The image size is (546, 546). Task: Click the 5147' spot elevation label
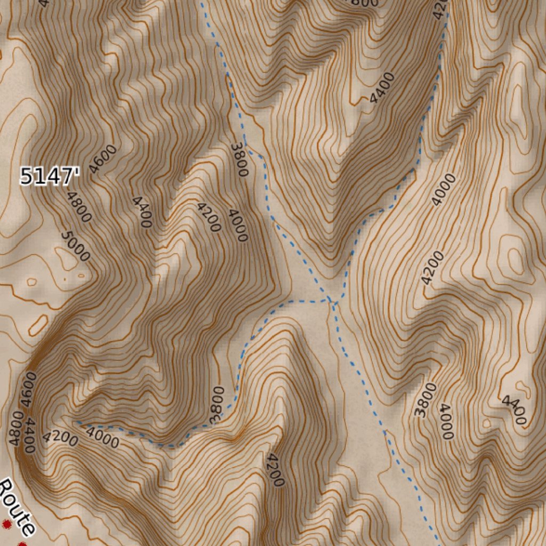(50, 176)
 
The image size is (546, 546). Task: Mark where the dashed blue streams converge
(332, 302)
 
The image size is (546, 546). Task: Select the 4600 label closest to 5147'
(102, 159)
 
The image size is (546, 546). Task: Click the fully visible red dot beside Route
(6, 525)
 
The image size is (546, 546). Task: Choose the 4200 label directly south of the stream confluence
(276, 470)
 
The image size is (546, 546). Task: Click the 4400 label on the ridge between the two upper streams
(382, 88)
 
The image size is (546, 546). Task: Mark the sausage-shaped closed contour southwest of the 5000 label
(38, 325)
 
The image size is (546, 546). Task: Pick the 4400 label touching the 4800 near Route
(30, 435)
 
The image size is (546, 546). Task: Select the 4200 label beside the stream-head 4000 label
(61, 438)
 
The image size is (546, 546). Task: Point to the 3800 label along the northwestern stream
(239, 160)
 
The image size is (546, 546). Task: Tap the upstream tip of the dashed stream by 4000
(78, 423)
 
